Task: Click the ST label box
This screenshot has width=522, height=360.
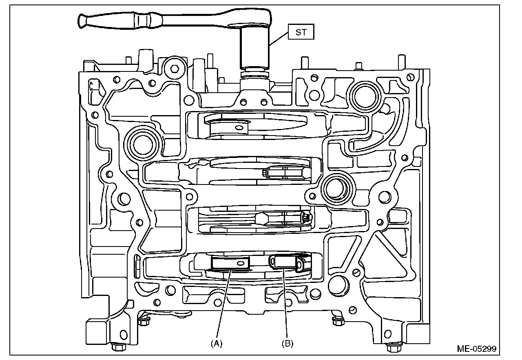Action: [301, 32]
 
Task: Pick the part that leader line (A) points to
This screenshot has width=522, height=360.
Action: [230, 264]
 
